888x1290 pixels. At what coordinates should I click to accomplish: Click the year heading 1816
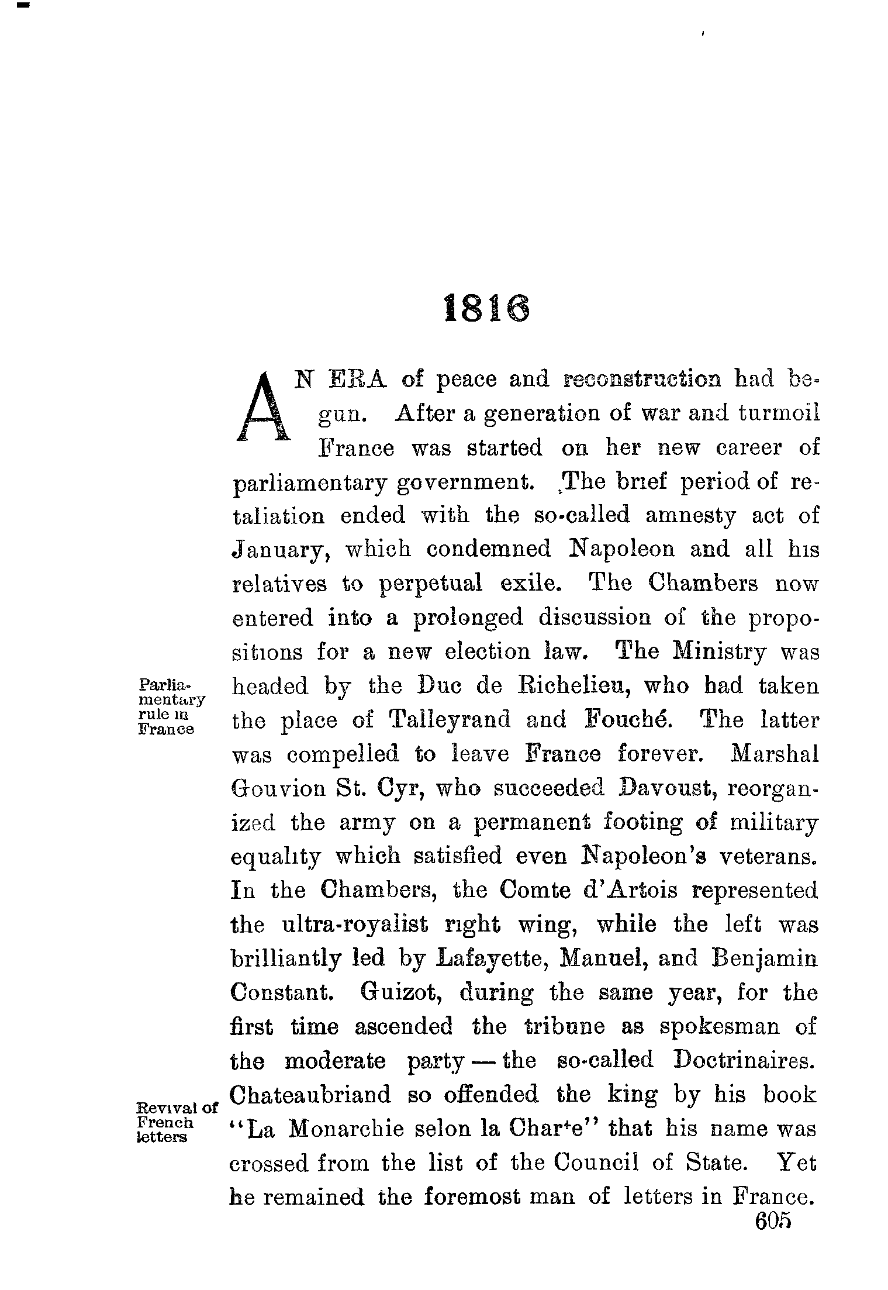pyautogui.click(x=487, y=309)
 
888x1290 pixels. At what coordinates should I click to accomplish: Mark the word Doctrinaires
pyautogui.click(x=744, y=1060)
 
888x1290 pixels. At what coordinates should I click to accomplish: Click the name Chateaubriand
pyautogui.click(x=310, y=1095)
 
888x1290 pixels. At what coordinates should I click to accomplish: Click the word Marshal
pyautogui.click(x=775, y=754)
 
